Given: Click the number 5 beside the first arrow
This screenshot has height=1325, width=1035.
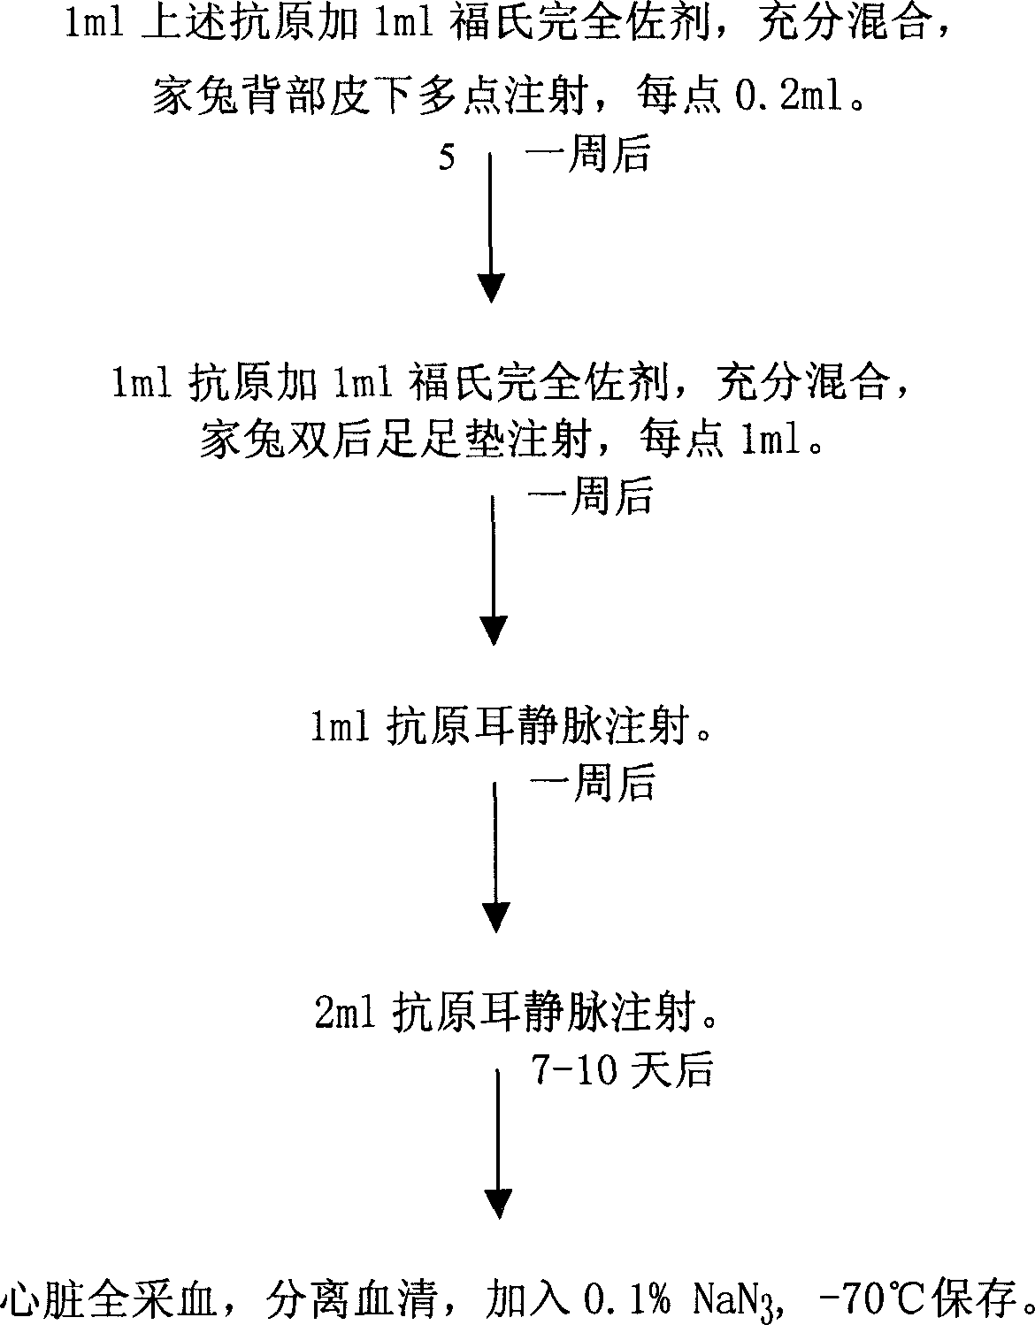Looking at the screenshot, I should point(447,159).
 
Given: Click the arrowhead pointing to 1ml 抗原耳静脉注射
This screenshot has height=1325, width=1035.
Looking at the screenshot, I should point(494,629).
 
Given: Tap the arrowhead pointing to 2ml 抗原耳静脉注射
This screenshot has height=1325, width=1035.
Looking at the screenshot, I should point(496,915).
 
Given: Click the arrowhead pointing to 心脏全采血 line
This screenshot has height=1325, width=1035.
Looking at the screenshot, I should point(498,1202).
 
